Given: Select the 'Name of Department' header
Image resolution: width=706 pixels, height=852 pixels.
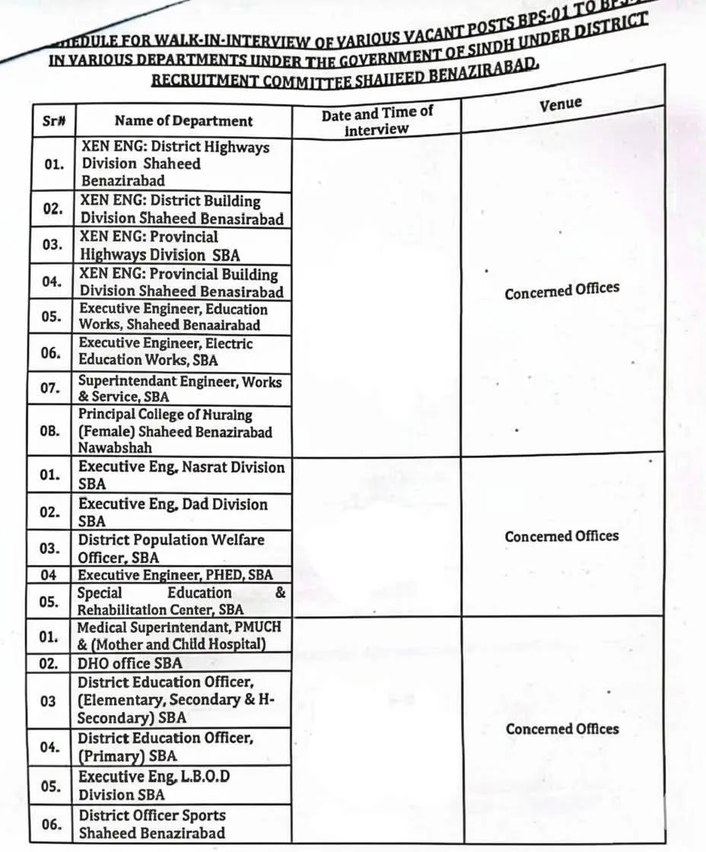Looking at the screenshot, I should [183, 121].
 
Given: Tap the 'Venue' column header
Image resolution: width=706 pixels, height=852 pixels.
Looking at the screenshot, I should [561, 104].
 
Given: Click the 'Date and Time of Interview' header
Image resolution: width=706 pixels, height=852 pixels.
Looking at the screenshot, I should [377, 121].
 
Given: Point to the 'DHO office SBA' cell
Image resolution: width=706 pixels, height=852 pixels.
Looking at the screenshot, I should [130, 663].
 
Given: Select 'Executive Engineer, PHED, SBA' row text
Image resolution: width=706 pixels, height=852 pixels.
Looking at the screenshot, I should [175, 575].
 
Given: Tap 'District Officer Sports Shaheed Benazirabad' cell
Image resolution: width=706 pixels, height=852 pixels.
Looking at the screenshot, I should [152, 824].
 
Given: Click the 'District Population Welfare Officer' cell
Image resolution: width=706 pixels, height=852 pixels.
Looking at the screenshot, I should [171, 548].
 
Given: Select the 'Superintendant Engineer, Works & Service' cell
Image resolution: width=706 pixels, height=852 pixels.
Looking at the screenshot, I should [180, 389].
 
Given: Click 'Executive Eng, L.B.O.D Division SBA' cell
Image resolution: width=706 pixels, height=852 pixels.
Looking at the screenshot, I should [154, 786].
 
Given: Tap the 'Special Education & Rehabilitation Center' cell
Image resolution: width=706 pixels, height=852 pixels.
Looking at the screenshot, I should [182, 601].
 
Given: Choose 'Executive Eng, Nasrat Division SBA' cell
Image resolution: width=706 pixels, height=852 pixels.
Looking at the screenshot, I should [181, 475].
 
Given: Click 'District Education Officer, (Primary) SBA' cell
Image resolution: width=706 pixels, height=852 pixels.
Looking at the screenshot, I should [166, 747].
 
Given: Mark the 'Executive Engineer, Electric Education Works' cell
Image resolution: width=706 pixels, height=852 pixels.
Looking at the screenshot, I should [166, 351].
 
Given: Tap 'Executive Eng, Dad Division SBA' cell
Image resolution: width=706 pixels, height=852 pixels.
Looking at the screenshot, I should [173, 512].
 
